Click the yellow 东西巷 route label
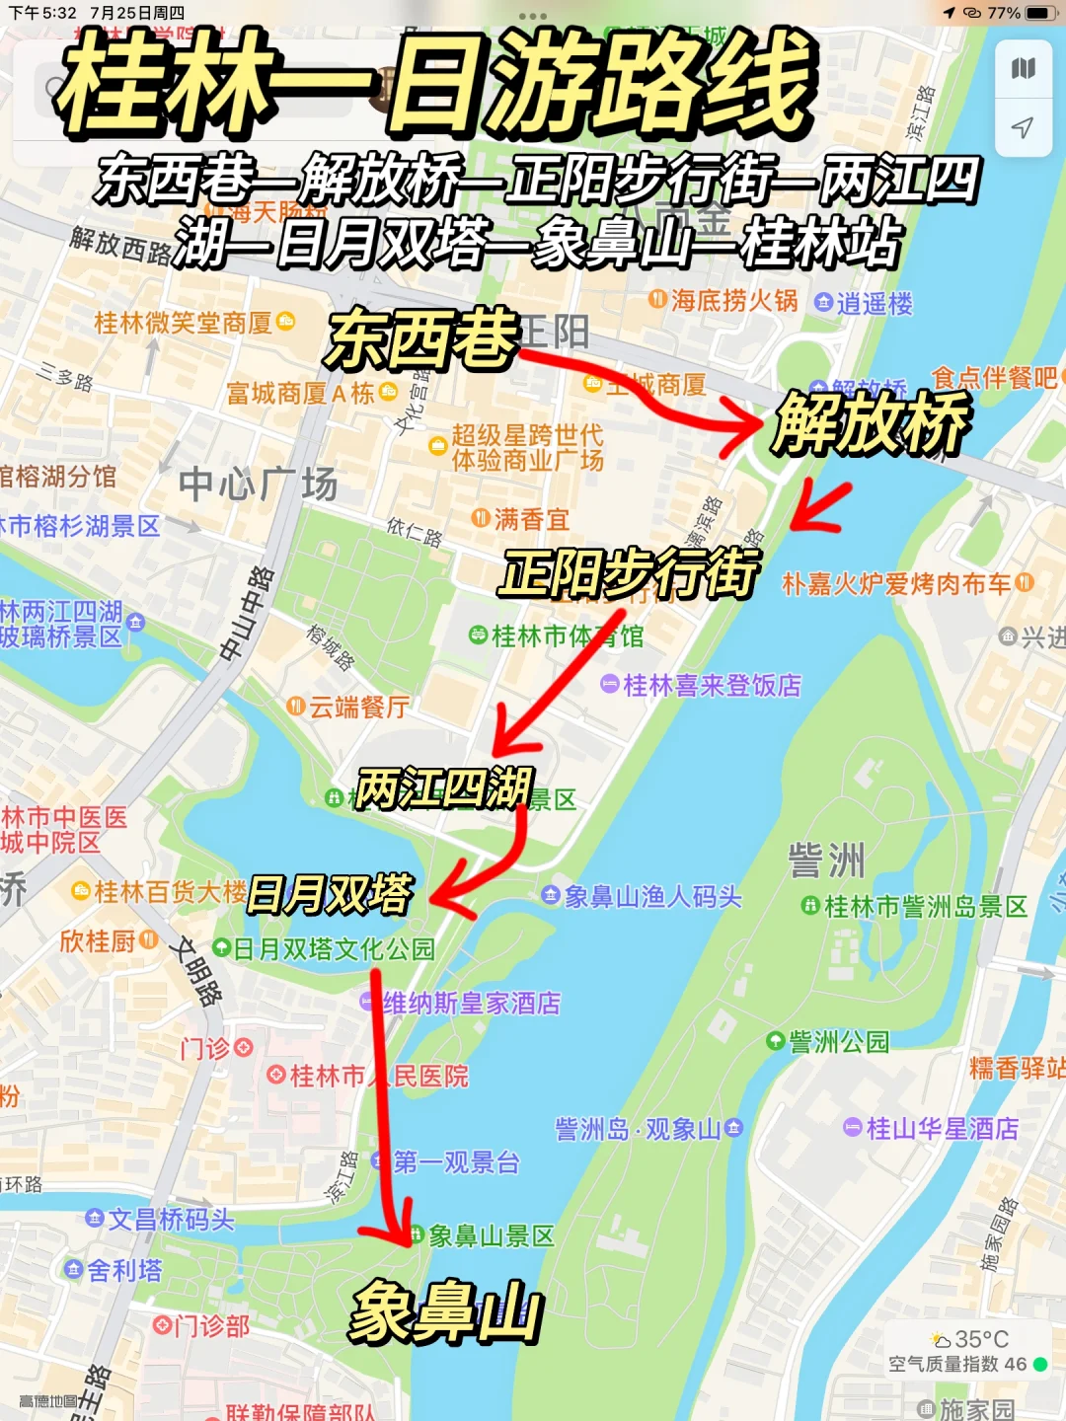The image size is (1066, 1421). [422, 338]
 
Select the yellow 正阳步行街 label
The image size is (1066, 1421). [629, 572]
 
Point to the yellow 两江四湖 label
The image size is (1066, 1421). [444, 788]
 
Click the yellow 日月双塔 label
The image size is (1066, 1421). [330, 894]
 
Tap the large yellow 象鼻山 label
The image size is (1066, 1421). [446, 1312]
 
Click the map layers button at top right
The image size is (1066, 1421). [1024, 69]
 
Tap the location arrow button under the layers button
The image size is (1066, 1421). [1024, 127]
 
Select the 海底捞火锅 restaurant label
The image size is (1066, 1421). [733, 301]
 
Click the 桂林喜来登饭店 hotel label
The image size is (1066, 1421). [711, 685]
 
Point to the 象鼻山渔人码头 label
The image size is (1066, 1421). [651, 896]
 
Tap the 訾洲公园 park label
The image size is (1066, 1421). [838, 1041]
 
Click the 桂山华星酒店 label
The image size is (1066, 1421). [941, 1128]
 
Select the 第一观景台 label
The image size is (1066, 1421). [456, 1162]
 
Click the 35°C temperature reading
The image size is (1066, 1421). [980, 1339]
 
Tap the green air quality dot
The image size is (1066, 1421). [1040, 1365]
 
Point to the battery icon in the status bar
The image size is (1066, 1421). [1040, 13]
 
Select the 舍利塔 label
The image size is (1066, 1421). [123, 1270]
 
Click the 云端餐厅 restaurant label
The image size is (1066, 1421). [358, 707]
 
